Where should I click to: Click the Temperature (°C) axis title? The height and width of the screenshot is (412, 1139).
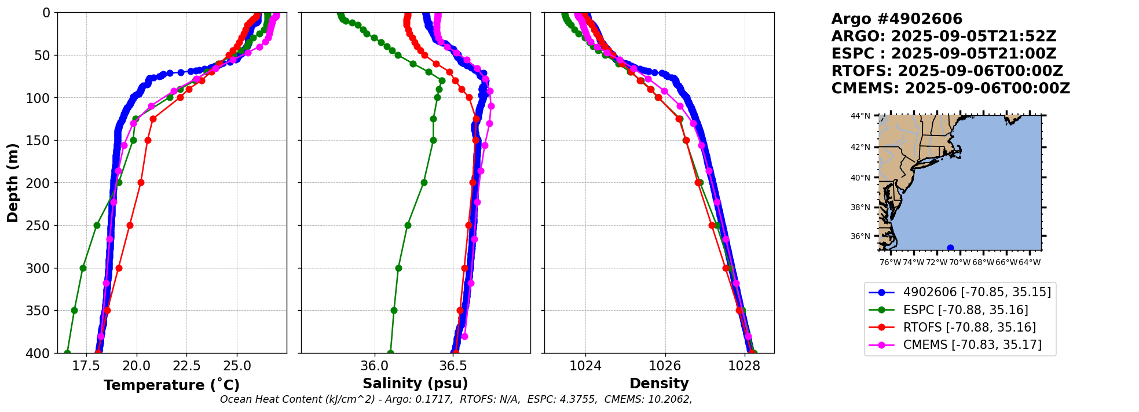[171, 385]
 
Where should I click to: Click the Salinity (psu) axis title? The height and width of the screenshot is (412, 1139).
[415, 384]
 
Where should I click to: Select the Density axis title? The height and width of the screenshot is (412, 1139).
[659, 384]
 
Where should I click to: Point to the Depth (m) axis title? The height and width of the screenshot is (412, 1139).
[13, 183]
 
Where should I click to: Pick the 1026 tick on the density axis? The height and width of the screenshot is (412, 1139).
[665, 366]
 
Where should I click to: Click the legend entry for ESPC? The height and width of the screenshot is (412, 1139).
[965, 310]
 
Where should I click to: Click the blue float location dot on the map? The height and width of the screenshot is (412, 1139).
[950, 248]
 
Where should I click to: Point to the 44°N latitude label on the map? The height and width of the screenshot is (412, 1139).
[860, 116]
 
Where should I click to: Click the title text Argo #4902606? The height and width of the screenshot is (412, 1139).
[896, 19]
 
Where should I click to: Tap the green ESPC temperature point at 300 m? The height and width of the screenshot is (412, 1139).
[83, 268]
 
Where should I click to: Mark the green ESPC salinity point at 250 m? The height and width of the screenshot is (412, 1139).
[408, 225]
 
